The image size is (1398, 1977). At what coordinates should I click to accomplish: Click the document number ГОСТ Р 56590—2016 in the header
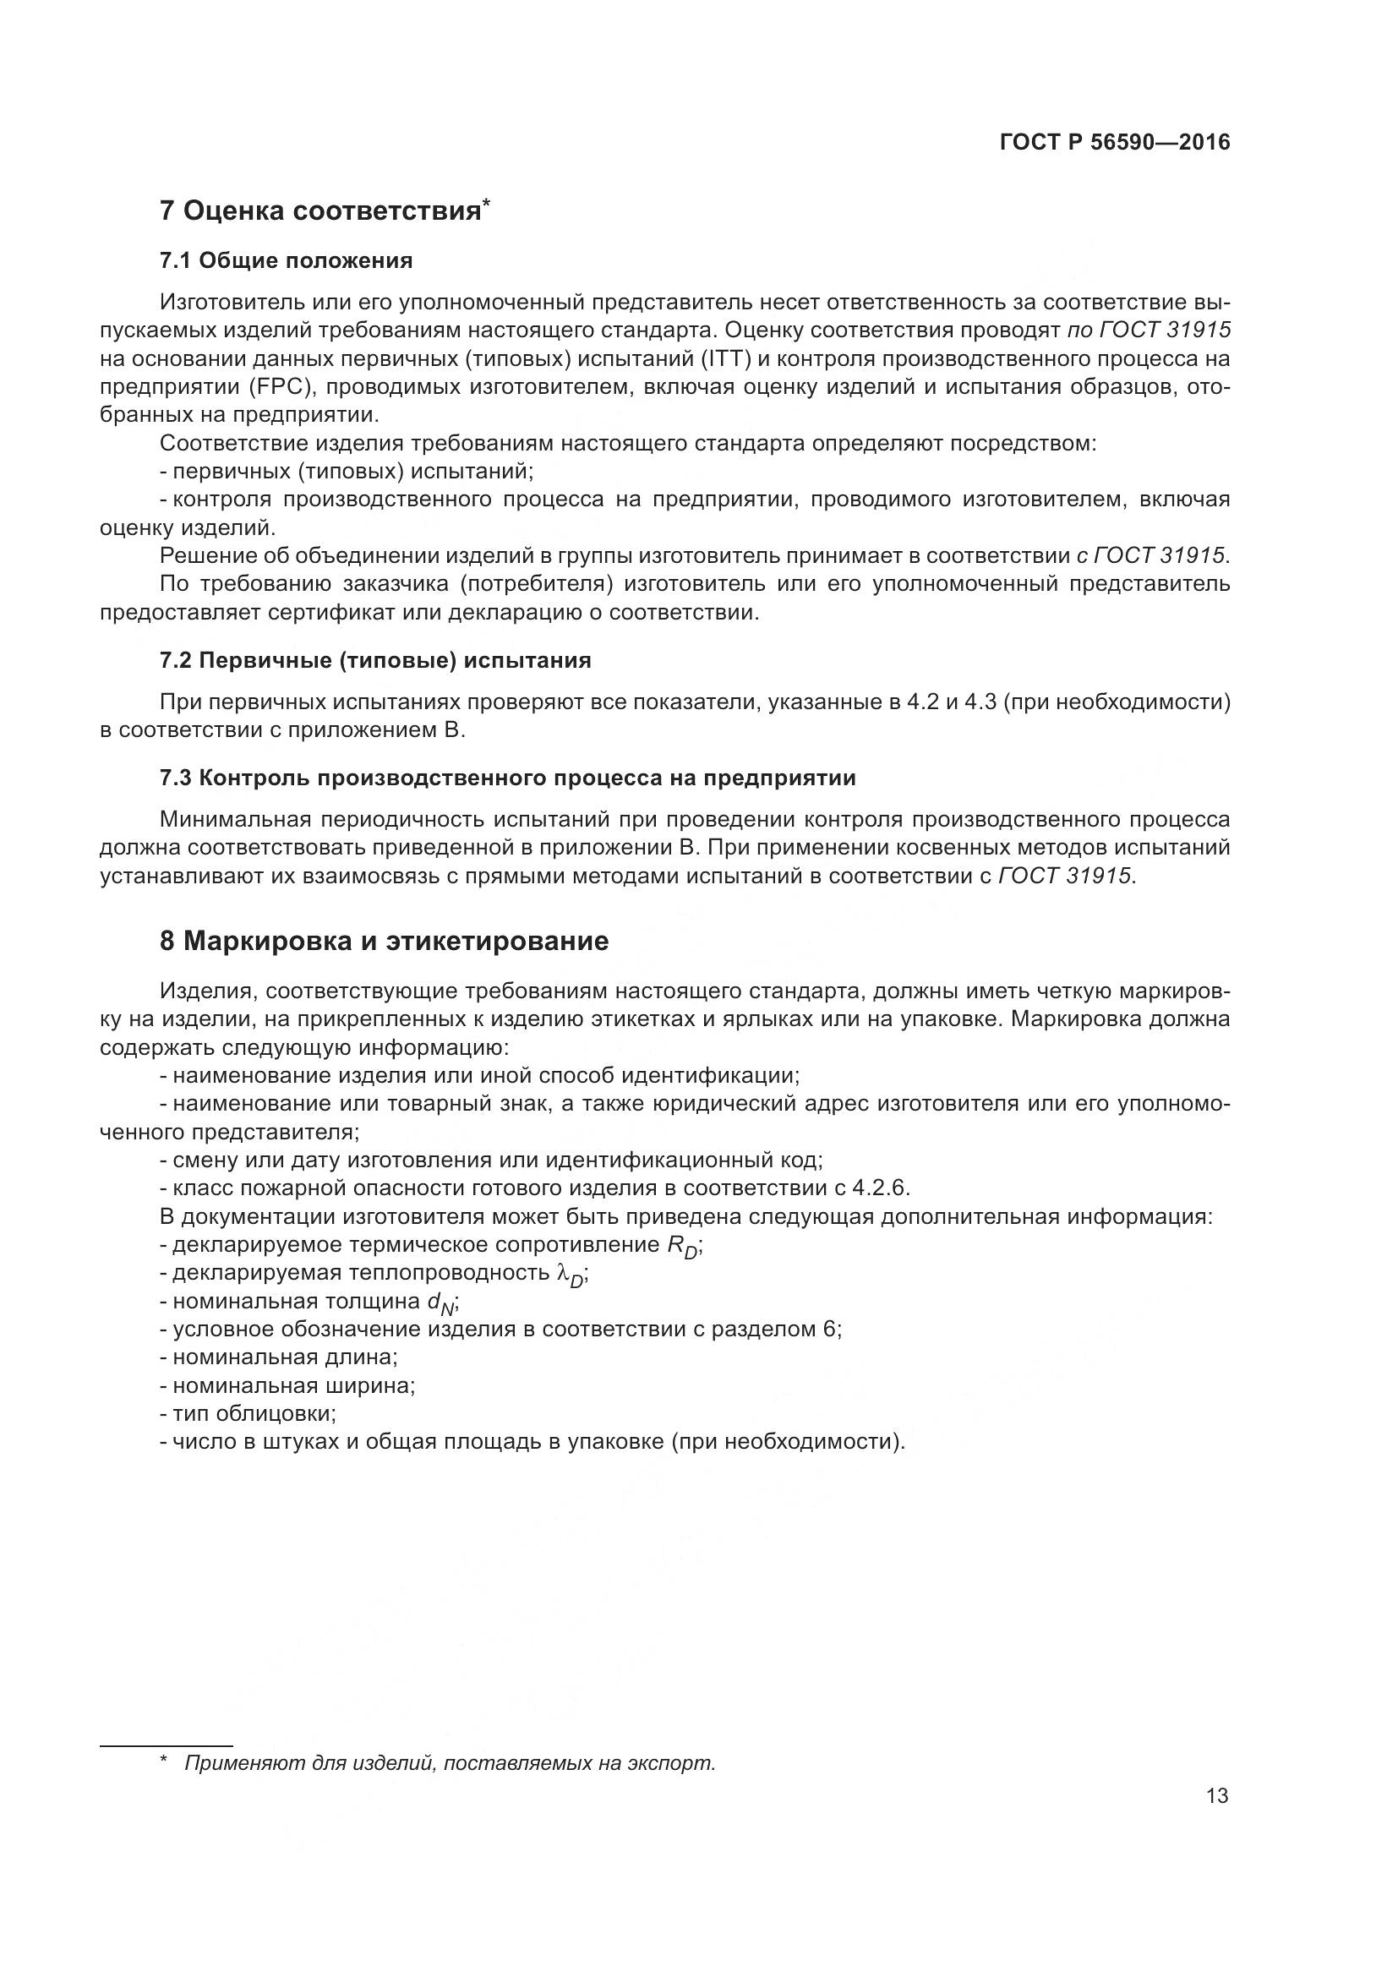[x=1114, y=143]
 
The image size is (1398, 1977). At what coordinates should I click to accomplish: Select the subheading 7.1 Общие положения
[x=286, y=261]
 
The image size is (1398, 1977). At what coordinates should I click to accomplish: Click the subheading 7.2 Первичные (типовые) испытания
[x=375, y=660]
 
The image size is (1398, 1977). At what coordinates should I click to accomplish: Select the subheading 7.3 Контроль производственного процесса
[x=508, y=778]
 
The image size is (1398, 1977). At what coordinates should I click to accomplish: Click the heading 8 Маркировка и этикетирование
[x=384, y=941]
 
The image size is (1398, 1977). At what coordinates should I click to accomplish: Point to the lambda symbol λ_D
[x=571, y=1275]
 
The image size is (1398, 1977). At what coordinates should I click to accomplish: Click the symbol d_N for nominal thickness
[x=440, y=1303]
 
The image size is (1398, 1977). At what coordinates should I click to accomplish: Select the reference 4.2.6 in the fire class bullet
[x=879, y=1188]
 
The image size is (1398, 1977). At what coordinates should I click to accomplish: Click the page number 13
[x=1217, y=1796]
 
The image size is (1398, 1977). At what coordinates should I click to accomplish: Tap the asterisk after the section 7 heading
[x=486, y=203]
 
